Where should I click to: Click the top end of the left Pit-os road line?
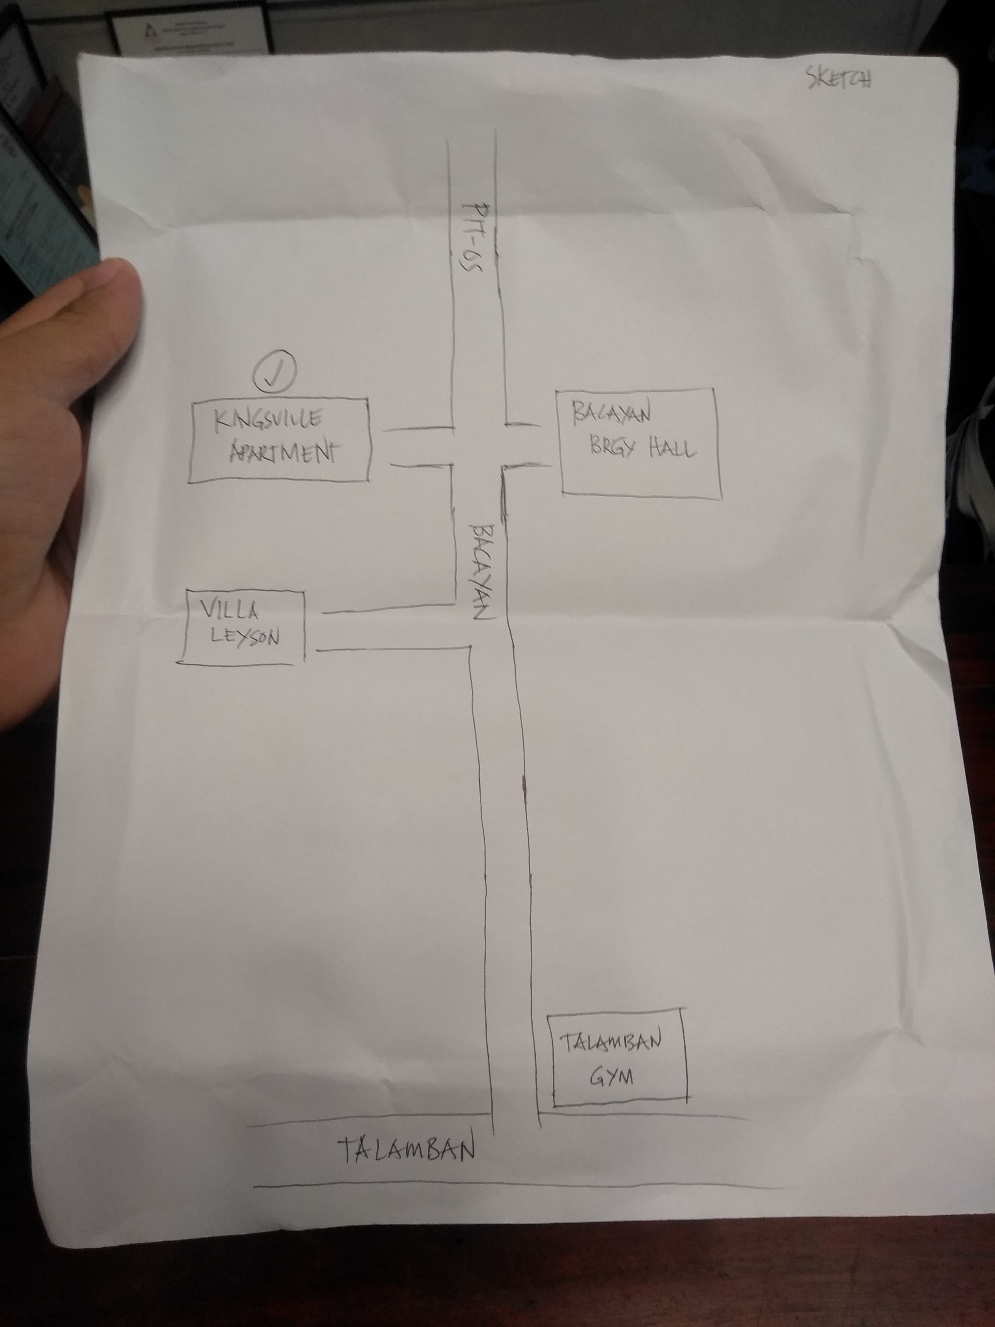pos(449,141)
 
